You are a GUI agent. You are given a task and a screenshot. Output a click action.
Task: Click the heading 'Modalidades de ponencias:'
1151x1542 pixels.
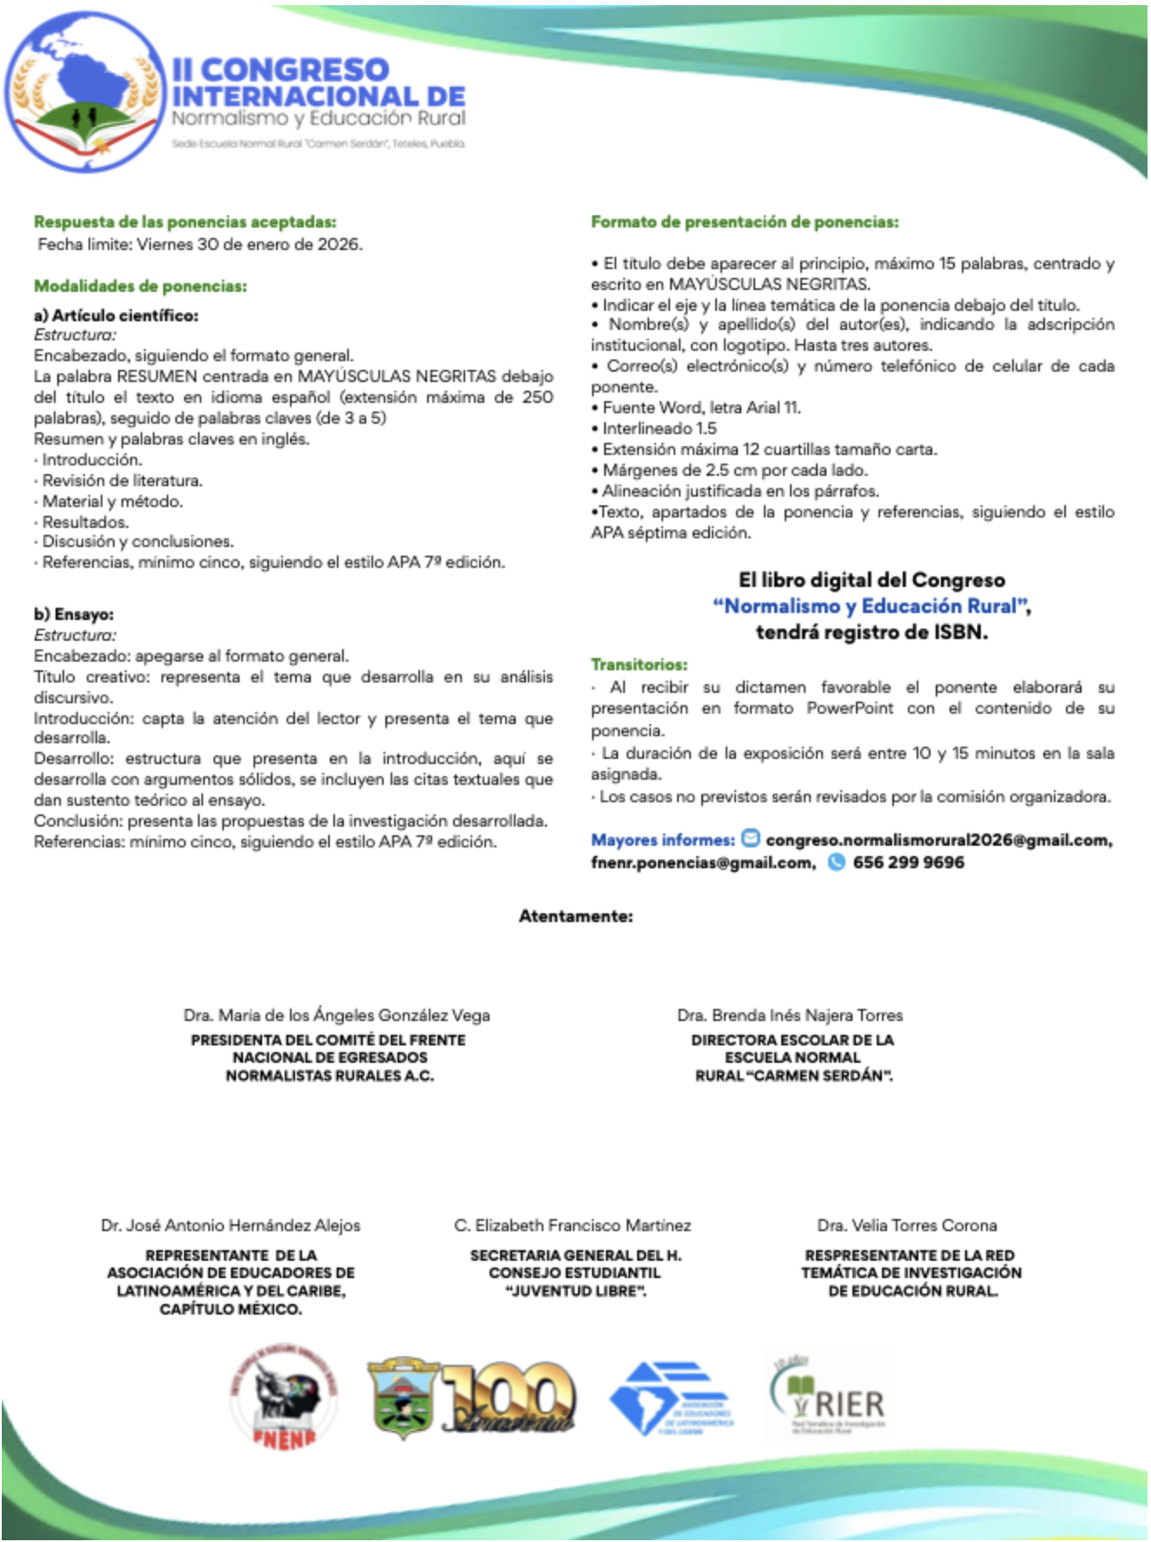(141, 286)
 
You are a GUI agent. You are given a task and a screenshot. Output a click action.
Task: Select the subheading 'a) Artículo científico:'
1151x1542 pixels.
(116, 315)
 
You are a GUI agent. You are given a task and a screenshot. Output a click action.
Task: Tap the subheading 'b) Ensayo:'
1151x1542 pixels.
(74, 614)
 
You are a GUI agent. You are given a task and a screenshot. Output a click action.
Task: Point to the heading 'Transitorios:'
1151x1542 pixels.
(639, 664)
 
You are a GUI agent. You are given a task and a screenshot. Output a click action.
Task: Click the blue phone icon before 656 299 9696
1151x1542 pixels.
(836, 862)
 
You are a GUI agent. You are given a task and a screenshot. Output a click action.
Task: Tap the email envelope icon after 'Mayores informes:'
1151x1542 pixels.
(751, 839)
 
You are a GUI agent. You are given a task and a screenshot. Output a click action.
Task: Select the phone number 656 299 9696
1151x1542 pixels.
(908, 862)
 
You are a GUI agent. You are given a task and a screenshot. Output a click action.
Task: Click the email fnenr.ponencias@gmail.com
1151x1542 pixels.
(702, 862)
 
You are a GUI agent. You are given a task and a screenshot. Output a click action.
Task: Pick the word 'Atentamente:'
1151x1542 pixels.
(575, 916)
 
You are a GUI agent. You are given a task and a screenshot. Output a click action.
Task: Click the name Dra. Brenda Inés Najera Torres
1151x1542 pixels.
(790, 1015)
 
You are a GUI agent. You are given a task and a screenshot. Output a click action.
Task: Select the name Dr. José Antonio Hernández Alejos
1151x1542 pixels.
(230, 1225)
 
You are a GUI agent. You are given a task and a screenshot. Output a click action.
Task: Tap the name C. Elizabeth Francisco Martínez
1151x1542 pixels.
(572, 1225)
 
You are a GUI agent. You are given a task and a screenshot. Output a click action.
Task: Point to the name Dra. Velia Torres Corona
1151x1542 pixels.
(906, 1225)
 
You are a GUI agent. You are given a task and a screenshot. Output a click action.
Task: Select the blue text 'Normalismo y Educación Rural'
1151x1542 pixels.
(871, 606)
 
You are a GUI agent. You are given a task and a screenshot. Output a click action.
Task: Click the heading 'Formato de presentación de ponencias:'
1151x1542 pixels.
(744, 222)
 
